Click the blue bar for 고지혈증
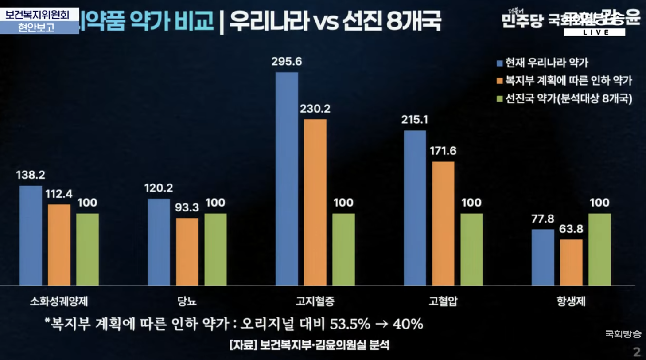[287, 178]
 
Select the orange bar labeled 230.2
[315, 202]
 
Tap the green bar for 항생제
[599, 249]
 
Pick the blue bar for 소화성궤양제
[31, 235]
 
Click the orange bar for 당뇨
[187, 251]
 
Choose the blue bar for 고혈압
[415, 207]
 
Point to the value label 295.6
[287, 62]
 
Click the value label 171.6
[443, 151]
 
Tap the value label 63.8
[571, 230]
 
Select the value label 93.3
[187, 207]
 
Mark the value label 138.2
[31, 175]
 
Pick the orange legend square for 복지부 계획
[500, 81]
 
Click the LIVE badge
[595, 32]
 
